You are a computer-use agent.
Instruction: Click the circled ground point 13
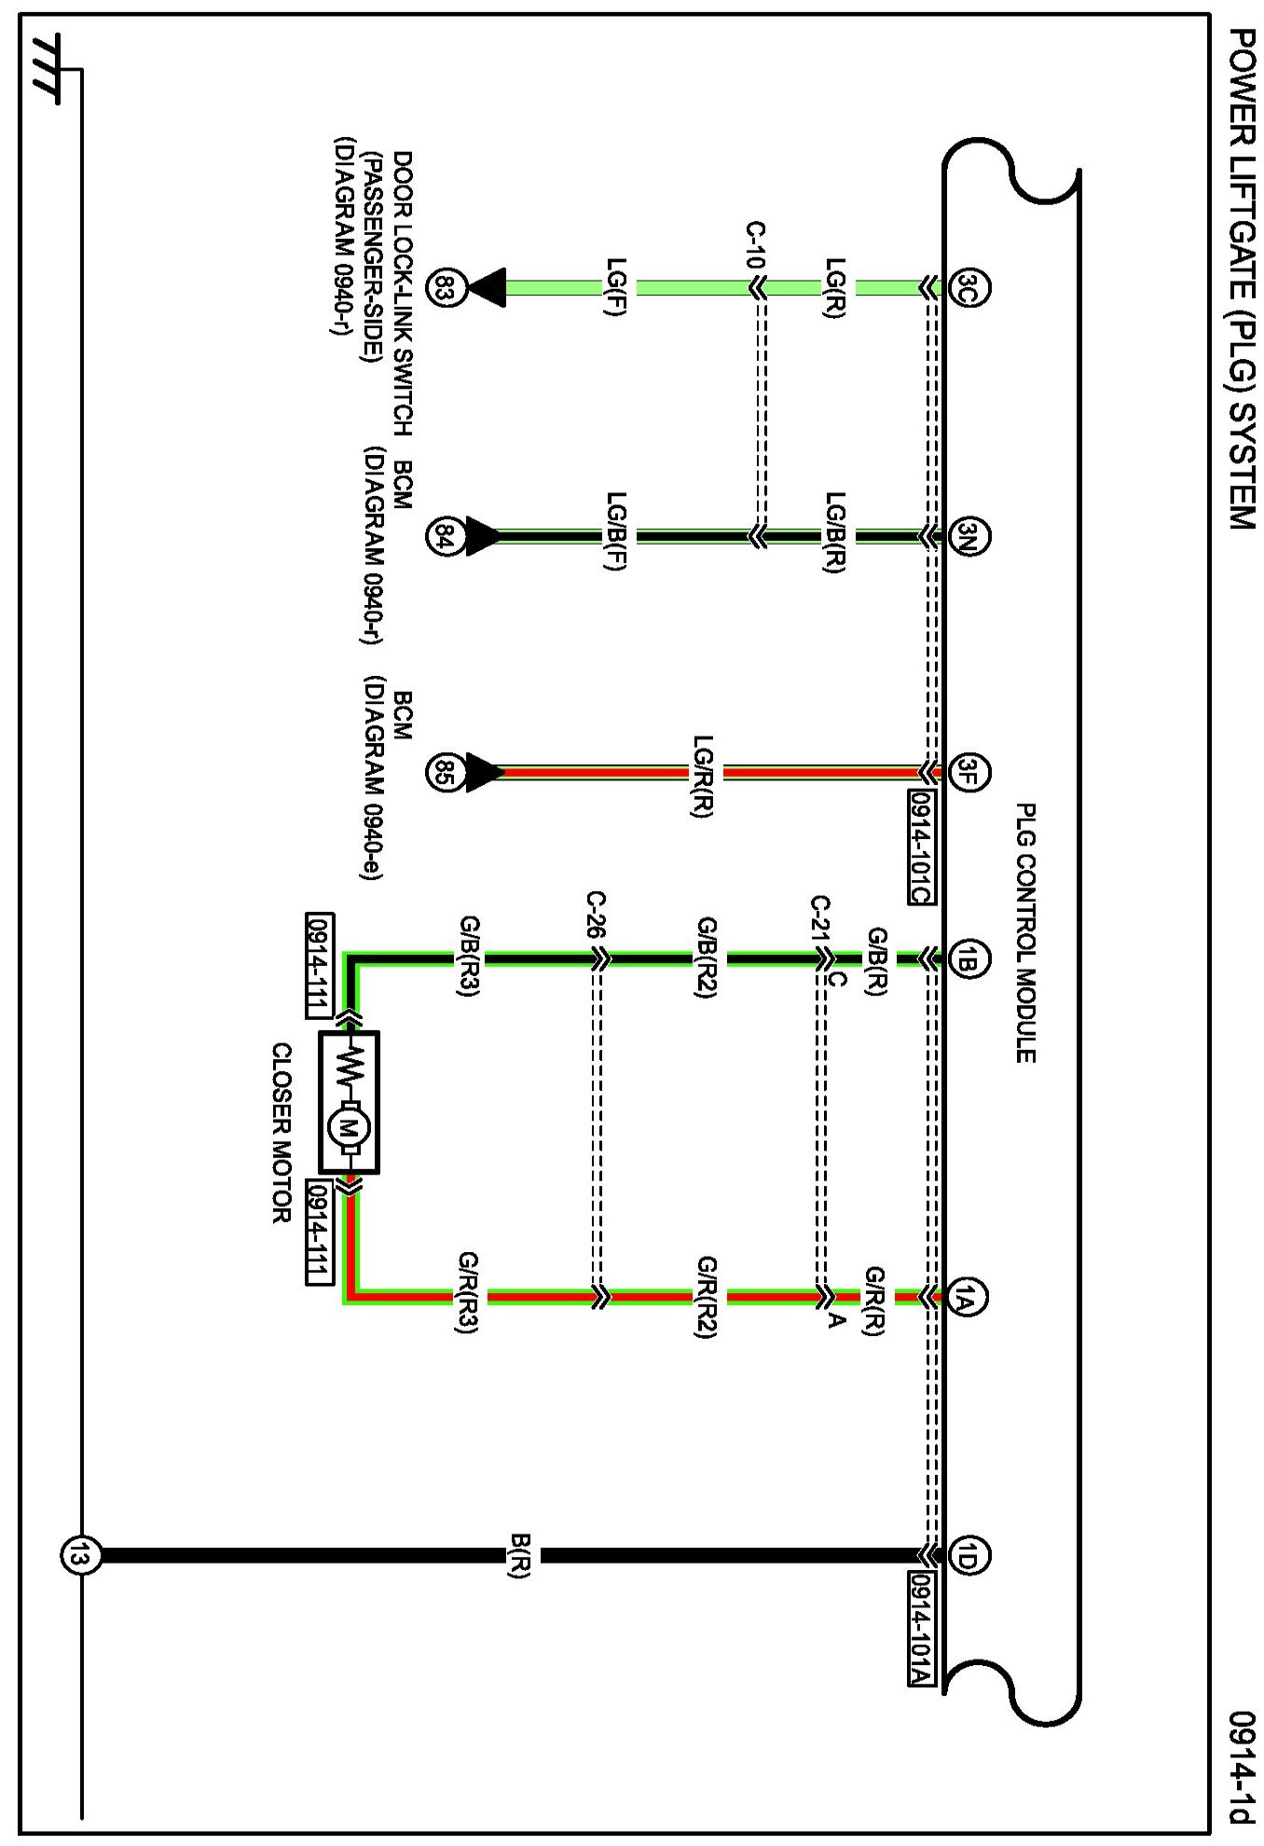pyautogui.click(x=77, y=1555)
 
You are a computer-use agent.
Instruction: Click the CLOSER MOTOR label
pyautogui.click(x=282, y=1133)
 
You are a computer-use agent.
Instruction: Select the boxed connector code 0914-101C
pyautogui.click(x=921, y=847)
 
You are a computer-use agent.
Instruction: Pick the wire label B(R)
pyautogui.click(x=519, y=1555)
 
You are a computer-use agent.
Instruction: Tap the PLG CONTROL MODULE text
pyautogui.click(x=1025, y=932)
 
